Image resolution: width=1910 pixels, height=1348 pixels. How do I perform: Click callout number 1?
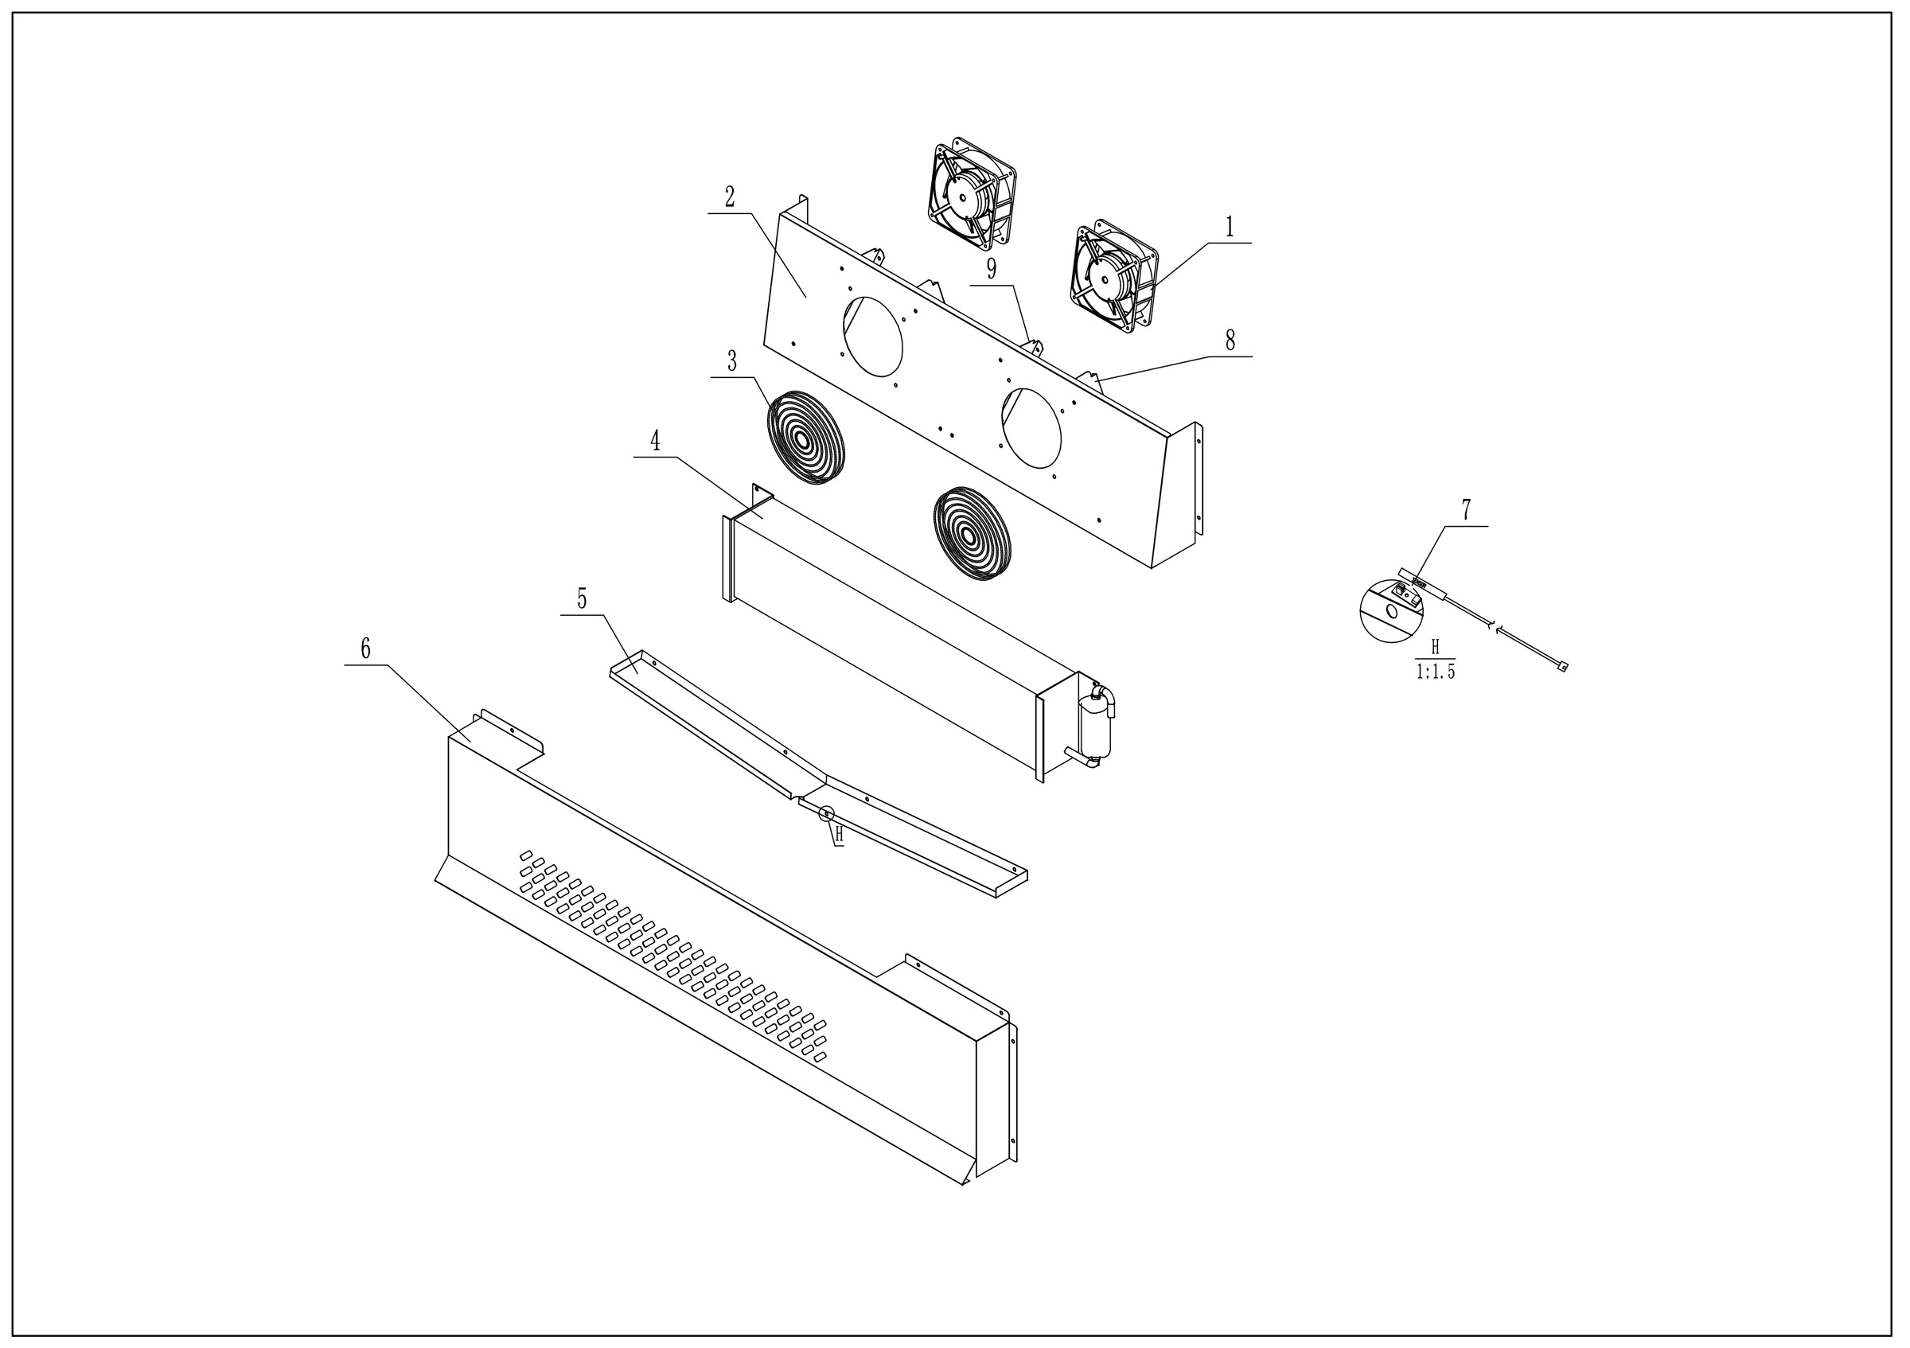pos(1229,226)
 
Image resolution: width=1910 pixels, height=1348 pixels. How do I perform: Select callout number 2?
pos(730,197)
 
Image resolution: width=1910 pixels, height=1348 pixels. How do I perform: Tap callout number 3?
pos(732,361)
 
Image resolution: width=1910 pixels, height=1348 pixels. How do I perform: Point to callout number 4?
pos(656,441)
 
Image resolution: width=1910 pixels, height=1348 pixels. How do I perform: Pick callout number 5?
pos(583,598)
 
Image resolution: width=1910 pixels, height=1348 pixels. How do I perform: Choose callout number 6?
pos(365,649)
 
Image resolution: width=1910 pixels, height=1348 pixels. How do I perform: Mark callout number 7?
pos(1466,510)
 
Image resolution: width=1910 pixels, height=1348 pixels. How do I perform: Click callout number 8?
pos(1230,340)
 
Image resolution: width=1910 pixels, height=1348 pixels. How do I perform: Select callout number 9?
pos(992,269)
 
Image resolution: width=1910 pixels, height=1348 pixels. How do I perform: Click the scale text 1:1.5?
pos(1435,672)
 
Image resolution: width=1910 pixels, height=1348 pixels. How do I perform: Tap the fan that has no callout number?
pos(972,193)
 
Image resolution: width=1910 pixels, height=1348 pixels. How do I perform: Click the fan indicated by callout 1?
pos(1114,277)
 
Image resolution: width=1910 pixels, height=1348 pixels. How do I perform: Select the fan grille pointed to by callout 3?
pos(805,438)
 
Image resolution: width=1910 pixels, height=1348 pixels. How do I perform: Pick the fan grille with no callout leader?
pos(972,533)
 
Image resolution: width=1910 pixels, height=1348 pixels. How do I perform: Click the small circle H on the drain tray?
pos(826,814)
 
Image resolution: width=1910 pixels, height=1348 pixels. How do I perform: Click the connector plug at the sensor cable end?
pos(1562,666)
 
